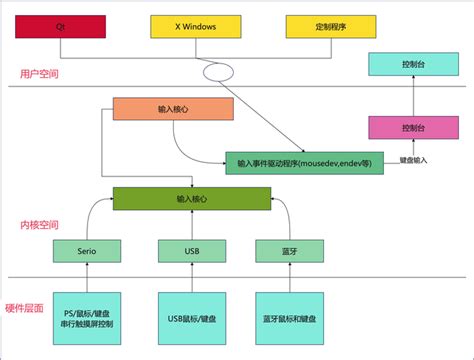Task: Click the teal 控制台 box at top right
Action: (x=412, y=64)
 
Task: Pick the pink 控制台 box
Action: (x=412, y=128)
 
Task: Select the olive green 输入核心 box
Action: (x=191, y=199)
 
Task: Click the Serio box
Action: (x=86, y=250)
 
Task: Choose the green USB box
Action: (x=191, y=250)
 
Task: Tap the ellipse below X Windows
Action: (x=218, y=72)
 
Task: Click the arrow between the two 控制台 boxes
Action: (x=412, y=96)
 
